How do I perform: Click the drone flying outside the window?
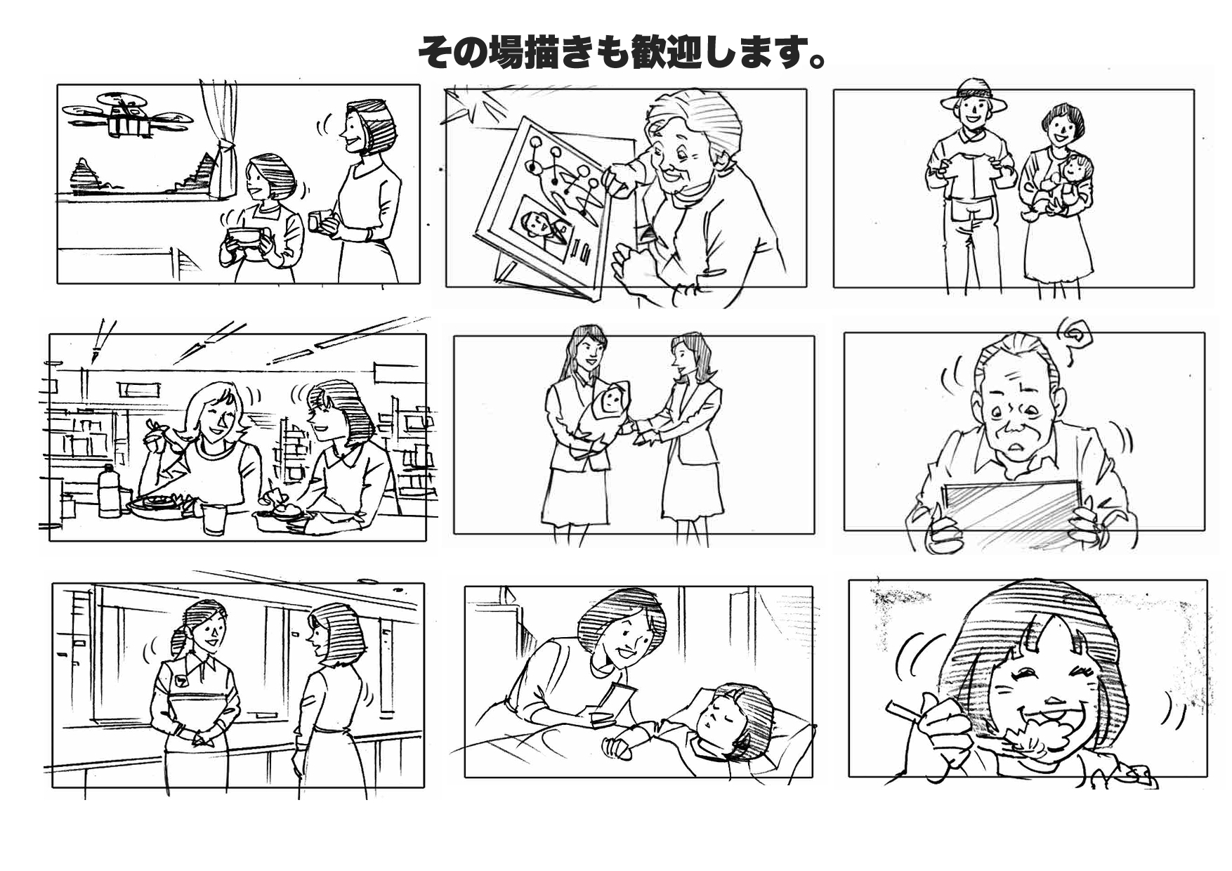point(127,115)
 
